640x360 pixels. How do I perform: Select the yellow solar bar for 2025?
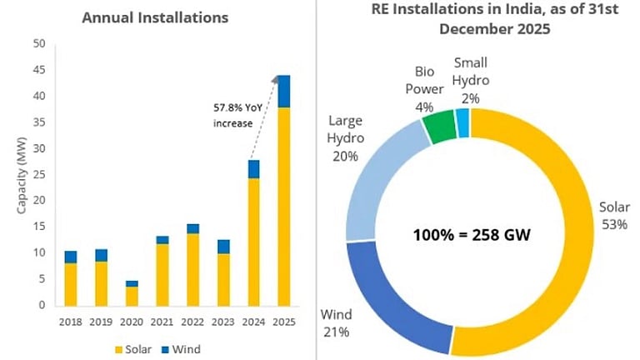pyautogui.click(x=283, y=208)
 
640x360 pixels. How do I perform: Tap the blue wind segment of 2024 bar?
pyautogui.click(x=253, y=169)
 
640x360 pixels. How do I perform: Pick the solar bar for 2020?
pyautogui.click(x=132, y=296)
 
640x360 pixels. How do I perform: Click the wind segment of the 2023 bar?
pyautogui.click(x=222, y=247)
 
